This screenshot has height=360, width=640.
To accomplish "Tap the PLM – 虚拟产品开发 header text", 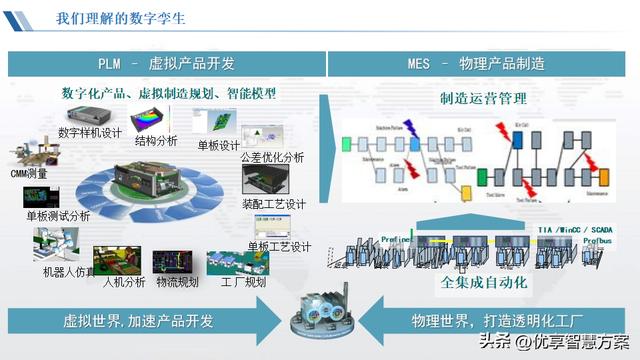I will (166, 64).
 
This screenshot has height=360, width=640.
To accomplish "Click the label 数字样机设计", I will (91, 132).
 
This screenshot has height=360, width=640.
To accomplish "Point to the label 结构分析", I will (156, 141).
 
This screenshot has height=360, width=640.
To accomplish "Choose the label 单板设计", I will (218, 146).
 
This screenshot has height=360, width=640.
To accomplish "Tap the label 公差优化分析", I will (274, 158).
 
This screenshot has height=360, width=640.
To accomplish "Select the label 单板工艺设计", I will (279, 247).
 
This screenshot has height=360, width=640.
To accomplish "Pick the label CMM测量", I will (29, 174).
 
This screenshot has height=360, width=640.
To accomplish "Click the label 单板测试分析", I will (58, 216).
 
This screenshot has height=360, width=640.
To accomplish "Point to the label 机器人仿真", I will (69, 272).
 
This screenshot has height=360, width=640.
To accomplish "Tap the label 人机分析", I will (124, 282).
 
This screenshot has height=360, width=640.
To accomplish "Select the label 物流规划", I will (177, 282).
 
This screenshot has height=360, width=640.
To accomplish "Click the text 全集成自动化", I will (484, 283).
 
